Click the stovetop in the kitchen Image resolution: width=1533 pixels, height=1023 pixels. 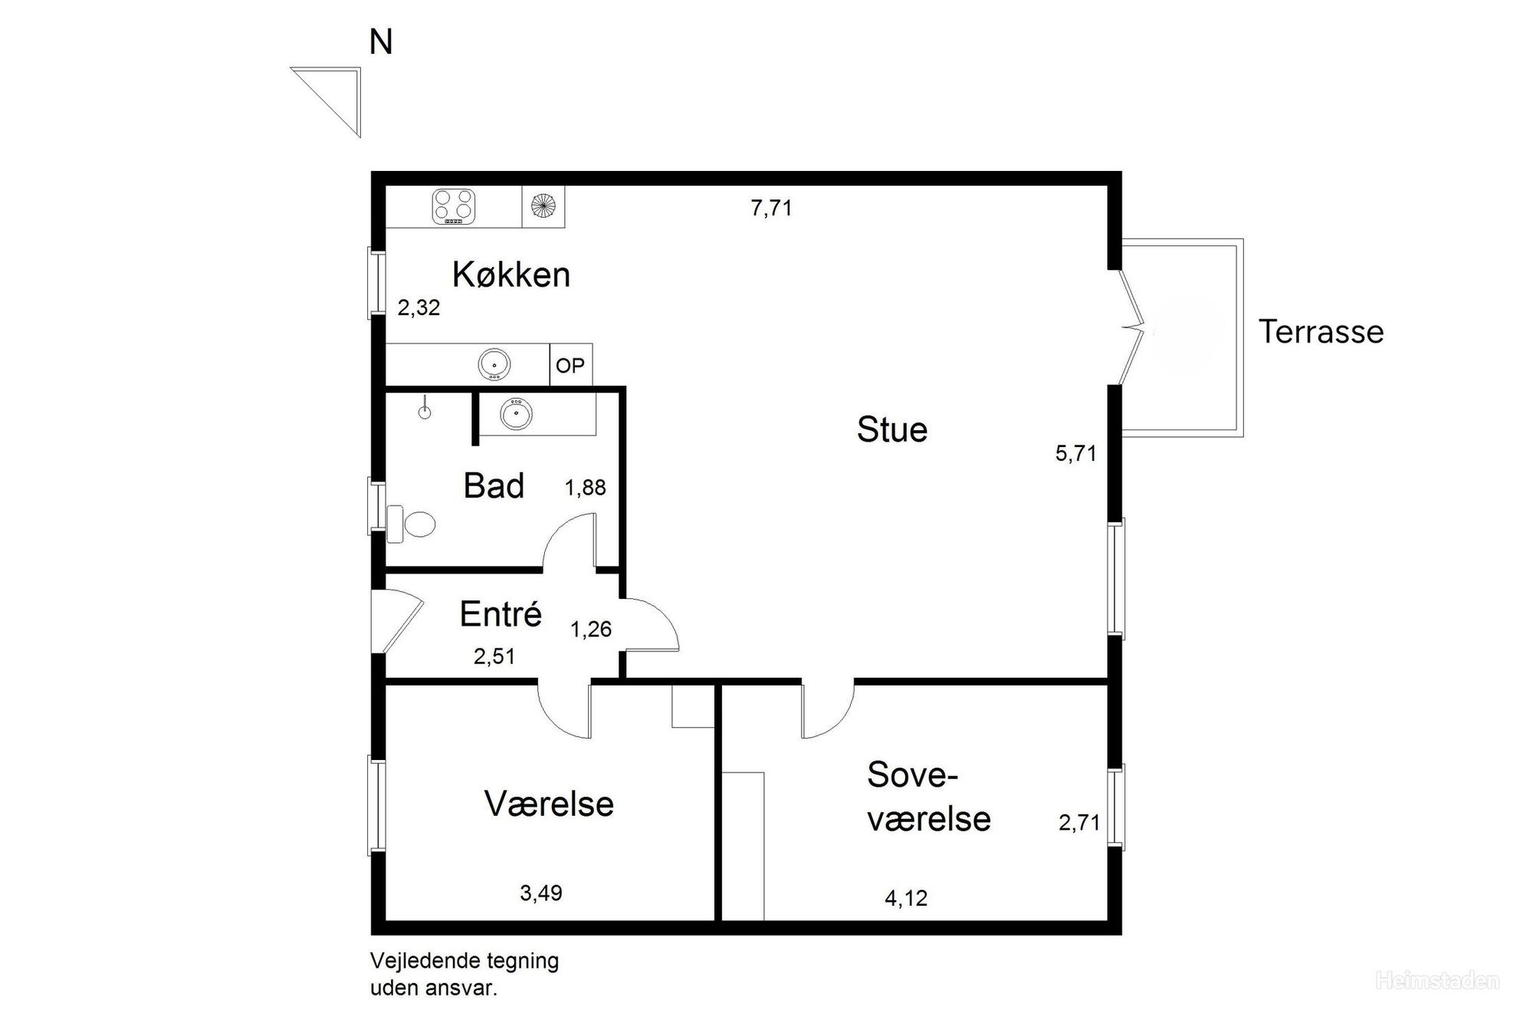[x=454, y=206]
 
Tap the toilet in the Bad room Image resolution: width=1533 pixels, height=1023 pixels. [x=412, y=524]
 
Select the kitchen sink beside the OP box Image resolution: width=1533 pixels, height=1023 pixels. [x=494, y=364]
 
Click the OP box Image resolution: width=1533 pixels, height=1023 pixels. [x=570, y=365]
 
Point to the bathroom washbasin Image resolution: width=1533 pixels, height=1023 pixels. [x=516, y=414]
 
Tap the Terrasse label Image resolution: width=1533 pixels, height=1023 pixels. [x=1321, y=332]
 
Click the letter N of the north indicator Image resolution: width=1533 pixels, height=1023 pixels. [x=381, y=43]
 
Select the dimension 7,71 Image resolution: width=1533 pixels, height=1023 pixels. [x=771, y=208]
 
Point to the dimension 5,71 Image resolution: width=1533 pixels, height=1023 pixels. [x=1076, y=453]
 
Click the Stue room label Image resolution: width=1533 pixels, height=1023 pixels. [x=892, y=429]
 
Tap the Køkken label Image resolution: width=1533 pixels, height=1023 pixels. [x=511, y=275]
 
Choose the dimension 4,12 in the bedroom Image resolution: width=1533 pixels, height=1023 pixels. [x=906, y=898]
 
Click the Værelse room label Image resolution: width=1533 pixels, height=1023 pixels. [x=549, y=804]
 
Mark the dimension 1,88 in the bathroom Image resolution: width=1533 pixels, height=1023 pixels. [x=586, y=488]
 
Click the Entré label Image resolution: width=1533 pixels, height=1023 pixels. [x=501, y=613]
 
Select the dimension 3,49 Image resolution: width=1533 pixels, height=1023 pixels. [x=541, y=893]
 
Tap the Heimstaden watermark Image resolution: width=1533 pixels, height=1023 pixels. [x=1438, y=981]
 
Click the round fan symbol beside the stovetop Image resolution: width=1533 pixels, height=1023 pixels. [x=543, y=206]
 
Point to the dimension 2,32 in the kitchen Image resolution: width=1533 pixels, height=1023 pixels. [x=419, y=308]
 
